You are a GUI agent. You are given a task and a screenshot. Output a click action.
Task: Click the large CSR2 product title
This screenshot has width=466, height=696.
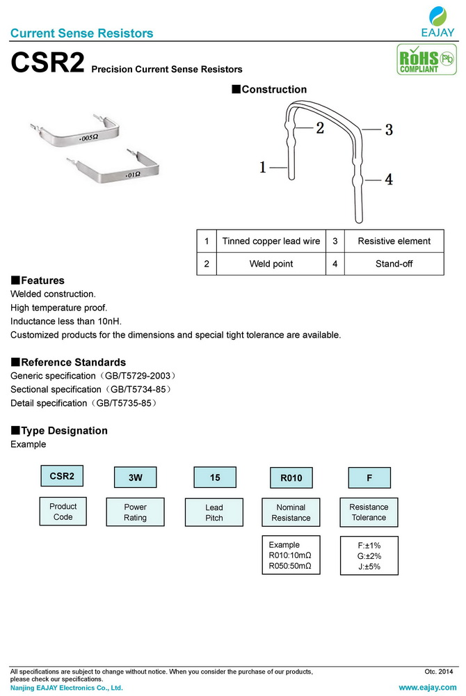coord(47,65)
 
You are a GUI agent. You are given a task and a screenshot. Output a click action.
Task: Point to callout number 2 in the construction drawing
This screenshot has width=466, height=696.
coord(319,127)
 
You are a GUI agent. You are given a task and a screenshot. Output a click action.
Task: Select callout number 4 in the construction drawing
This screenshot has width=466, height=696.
coord(388,179)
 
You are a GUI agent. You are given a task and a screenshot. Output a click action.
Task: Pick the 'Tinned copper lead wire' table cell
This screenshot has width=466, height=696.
coord(271,241)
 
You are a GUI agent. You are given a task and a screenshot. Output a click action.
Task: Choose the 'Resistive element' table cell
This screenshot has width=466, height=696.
coord(394,241)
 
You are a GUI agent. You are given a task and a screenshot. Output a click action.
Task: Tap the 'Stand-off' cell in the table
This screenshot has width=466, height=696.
coord(394,264)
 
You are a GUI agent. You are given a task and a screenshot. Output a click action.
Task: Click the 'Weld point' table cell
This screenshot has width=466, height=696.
coord(271,264)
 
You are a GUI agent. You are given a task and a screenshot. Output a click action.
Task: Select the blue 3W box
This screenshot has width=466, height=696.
coord(135,478)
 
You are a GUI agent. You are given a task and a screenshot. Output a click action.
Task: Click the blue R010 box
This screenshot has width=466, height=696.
coord(291,478)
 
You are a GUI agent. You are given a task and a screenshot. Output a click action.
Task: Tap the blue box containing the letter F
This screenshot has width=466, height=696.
coord(369,478)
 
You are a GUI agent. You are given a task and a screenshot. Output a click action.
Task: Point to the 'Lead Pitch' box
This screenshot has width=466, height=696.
coord(214,513)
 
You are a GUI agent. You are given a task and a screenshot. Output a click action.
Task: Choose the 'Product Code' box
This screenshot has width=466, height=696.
coord(63,512)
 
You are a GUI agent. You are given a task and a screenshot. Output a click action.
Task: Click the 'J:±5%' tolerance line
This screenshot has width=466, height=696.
coord(369,567)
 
